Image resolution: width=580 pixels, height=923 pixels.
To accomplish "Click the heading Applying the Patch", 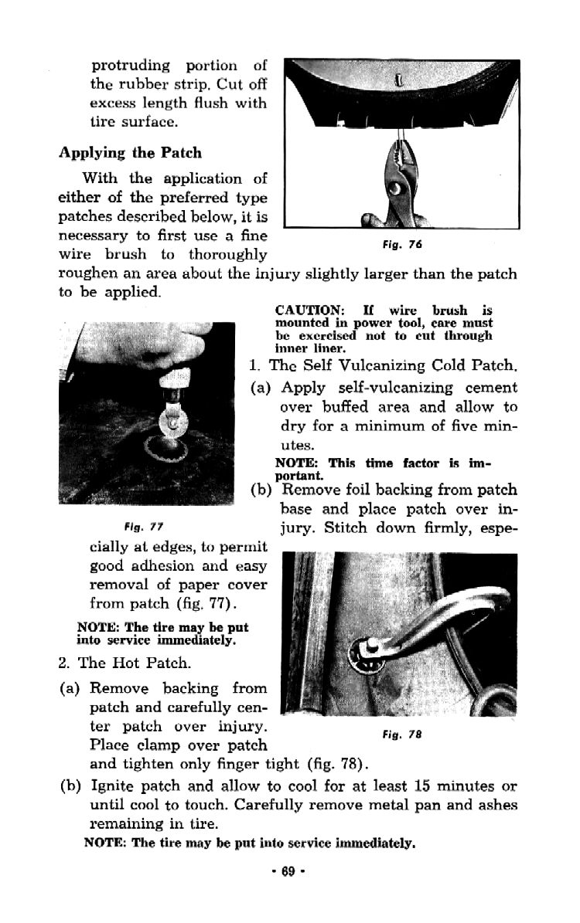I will tap(130, 153).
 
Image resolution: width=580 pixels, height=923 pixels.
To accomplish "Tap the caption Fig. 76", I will tap(401, 245).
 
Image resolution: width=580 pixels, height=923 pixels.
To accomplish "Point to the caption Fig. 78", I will tap(401, 735).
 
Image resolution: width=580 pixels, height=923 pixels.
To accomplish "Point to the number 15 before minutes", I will tap(423, 786).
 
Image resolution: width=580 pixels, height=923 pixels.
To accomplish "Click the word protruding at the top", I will tap(131, 66).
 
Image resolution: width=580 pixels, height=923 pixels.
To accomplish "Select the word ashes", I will tap(497, 805).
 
